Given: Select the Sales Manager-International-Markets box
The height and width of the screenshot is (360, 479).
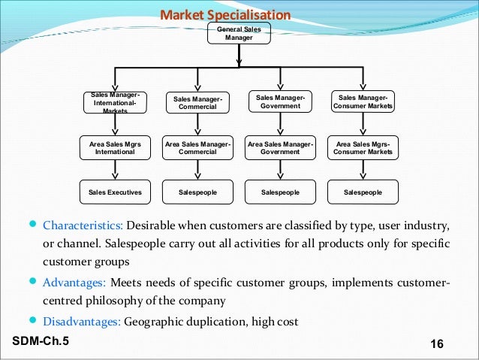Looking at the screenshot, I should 115,102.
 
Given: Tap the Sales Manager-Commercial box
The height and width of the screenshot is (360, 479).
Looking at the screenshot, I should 197,103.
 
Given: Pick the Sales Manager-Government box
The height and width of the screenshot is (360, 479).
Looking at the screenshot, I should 280,102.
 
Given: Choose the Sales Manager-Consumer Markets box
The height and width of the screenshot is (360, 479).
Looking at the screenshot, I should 363,102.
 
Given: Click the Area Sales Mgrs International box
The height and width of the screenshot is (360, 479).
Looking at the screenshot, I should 115,147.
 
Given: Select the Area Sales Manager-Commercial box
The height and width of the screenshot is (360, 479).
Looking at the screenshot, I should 197,147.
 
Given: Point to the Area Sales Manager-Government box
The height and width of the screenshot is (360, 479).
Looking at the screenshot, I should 280,147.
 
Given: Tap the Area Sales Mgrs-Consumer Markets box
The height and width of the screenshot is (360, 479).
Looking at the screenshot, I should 363,147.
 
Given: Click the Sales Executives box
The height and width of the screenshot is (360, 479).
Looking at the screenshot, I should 115,192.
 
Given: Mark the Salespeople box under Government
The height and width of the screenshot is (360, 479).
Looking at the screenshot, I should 280,192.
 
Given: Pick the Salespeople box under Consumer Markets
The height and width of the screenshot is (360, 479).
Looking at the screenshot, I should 363,192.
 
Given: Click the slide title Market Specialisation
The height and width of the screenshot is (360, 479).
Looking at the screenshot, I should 226,15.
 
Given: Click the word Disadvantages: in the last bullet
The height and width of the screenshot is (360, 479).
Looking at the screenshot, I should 81,322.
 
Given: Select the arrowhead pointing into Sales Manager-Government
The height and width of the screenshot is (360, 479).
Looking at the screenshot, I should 280,87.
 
